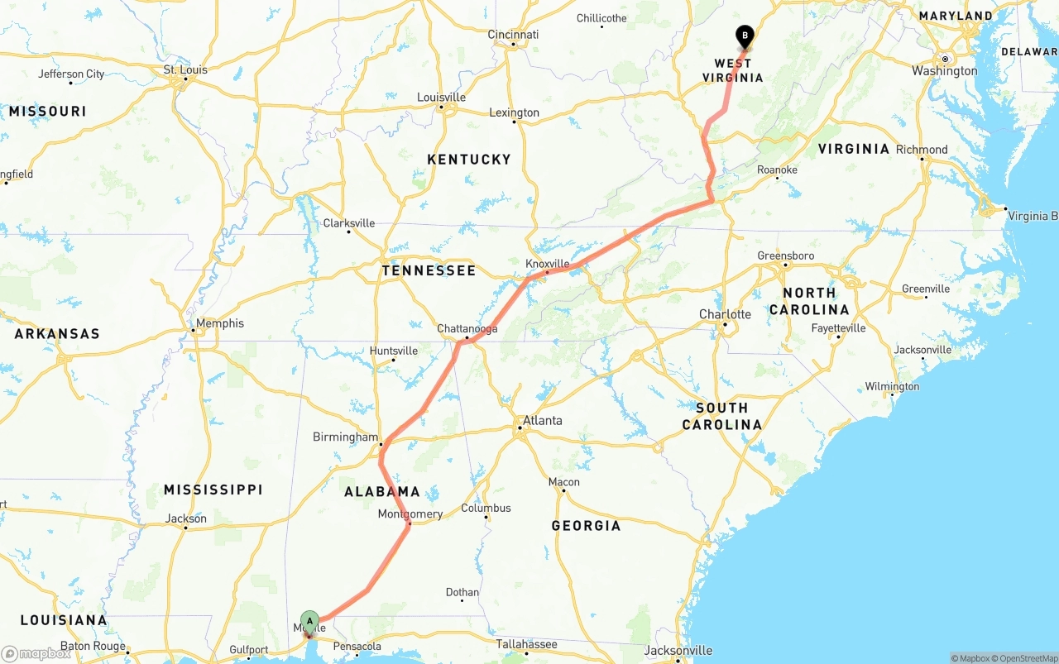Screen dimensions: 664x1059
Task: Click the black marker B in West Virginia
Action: (745, 36)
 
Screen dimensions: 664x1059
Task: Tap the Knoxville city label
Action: (548, 263)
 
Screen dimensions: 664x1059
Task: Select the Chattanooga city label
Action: (467, 328)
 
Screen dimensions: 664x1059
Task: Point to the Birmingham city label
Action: (345, 437)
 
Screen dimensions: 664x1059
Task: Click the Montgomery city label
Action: (410, 514)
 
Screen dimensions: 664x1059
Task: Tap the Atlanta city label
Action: (542, 420)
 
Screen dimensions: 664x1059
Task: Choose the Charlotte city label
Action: (725, 314)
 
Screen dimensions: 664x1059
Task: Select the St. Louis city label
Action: (185, 69)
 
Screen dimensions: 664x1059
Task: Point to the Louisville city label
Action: (441, 97)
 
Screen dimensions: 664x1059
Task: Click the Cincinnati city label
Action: (513, 34)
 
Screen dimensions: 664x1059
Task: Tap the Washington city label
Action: (944, 71)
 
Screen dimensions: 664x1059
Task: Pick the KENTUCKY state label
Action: (469, 159)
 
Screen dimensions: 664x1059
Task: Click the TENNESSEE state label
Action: (429, 270)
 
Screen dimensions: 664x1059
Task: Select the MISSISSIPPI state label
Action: (213, 490)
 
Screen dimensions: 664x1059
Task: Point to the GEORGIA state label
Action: (586, 525)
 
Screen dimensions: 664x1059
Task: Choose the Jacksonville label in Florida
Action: (678, 651)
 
